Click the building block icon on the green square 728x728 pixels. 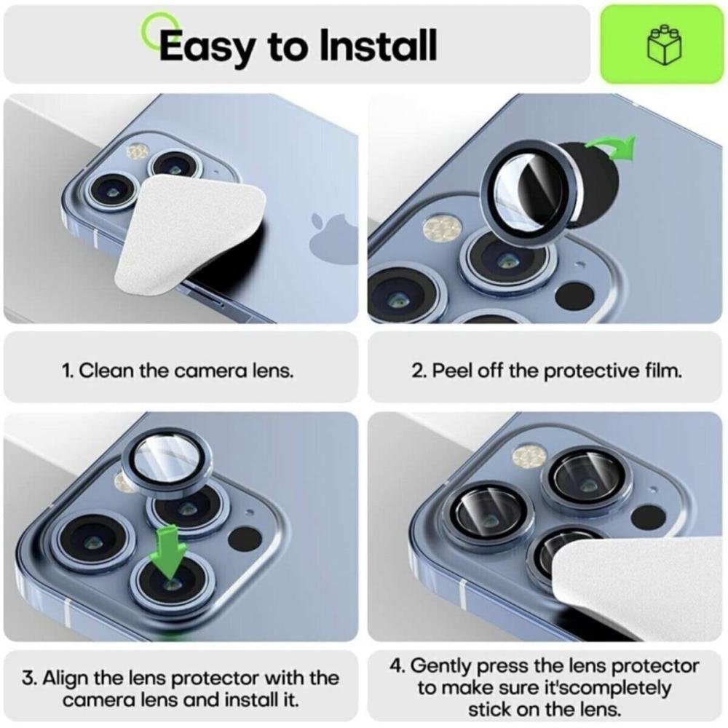tap(665, 44)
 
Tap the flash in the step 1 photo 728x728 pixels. tap(138, 151)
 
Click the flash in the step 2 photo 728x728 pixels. tap(442, 226)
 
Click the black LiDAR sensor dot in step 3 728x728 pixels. tap(245, 539)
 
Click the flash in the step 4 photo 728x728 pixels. tap(529, 456)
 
